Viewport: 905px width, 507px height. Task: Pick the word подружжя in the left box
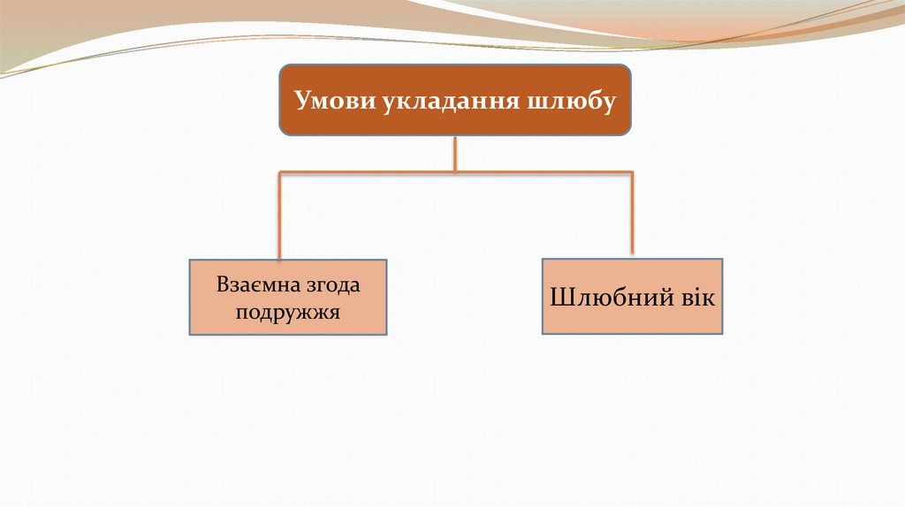pyautogui.click(x=288, y=312)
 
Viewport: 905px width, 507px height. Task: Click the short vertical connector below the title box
pyautogui.click(x=455, y=152)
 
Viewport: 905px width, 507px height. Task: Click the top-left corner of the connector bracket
pyautogui.click(x=280, y=170)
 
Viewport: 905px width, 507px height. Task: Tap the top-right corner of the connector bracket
pyautogui.click(x=632, y=170)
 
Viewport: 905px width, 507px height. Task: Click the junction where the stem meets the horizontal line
pyautogui.click(x=455, y=170)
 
